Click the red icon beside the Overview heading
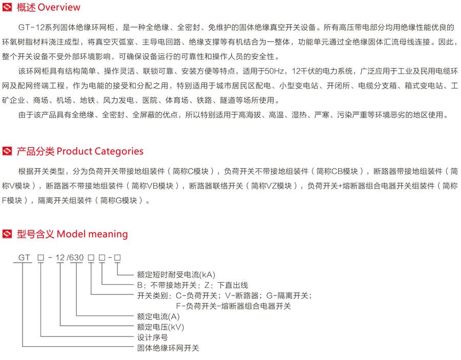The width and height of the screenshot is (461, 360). [x=7, y=7]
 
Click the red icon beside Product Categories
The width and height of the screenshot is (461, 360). [x=7, y=151]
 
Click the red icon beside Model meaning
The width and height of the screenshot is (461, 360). [x=7, y=234]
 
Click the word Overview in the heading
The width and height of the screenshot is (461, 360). [x=59, y=7]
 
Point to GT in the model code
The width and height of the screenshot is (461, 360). [x=24, y=258]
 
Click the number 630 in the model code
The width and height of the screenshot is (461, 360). [x=77, y=258]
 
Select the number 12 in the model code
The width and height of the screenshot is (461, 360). [x=60, y=258]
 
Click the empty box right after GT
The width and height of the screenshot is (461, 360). [x=40, y=258]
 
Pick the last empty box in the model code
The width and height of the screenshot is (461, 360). [x=117, y=258]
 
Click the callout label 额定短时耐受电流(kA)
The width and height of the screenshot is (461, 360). [x=176, y=275]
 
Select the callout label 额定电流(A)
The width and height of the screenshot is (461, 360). [x=158, y=316]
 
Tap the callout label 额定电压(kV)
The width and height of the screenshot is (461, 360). [x=160, y=327]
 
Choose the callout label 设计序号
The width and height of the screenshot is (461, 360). [x=152, y=337]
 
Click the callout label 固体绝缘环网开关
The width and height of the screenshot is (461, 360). [x=168, y=348]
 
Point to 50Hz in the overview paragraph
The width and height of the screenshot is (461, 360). [x=275, y=71]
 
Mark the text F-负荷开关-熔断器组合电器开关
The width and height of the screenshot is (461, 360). [x=234, y=306]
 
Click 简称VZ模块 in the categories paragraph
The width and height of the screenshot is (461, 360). [x=271, y=186]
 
